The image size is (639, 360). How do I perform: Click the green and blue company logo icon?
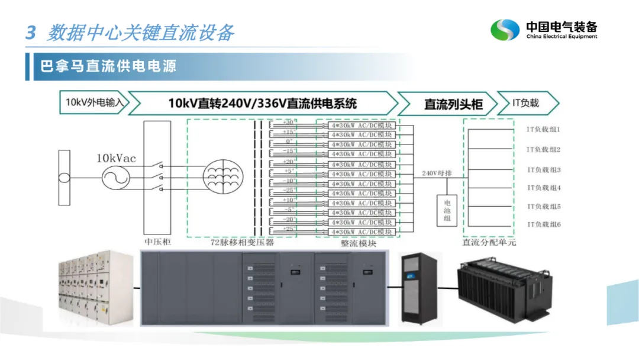pos(505,30)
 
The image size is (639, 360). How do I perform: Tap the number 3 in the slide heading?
pos(31,33)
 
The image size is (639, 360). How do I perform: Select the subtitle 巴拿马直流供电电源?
pos(108,65)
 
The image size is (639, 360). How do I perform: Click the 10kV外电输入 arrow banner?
pos(94,102)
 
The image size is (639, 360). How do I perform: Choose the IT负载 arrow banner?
pos(525,102)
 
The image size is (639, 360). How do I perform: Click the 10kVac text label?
pos(117,158)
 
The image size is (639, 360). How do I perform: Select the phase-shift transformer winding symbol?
pos(223,176)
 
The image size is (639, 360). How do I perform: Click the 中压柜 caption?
pos(157,242)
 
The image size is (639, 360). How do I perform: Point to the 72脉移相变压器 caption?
pos(242,242)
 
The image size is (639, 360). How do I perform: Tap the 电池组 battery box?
pos(447,211)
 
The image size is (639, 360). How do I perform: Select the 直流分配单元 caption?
pos(489,243)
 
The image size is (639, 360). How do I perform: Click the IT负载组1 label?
pos(543,129)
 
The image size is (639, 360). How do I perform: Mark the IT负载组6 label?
pos(543,224)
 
